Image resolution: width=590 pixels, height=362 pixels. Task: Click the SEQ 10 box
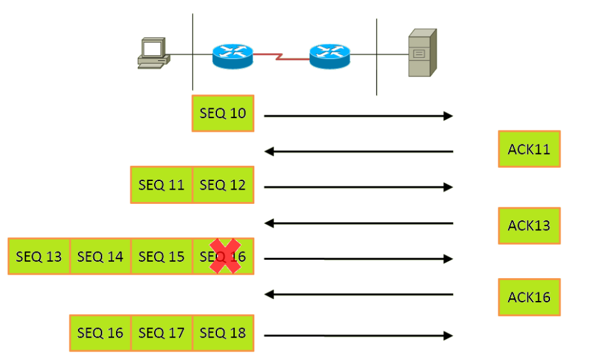(x=223, y=113)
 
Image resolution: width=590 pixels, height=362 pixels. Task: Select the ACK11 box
(x=529, y=149)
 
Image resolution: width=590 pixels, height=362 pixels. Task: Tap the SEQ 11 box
(x=161, y=185)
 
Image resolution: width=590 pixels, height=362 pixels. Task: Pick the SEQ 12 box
(x=223, y=185)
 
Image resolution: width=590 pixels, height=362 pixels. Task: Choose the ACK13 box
(x=529, y=226)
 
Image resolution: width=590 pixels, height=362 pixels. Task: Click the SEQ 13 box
(x=39, y=256)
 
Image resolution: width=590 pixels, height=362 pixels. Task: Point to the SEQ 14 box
(x=100, y=256)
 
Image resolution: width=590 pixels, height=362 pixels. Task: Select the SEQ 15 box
(x=161, y=256)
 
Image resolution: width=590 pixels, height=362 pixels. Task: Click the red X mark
(x=225, y=256)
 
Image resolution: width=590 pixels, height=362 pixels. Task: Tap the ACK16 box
(x=529, y=297)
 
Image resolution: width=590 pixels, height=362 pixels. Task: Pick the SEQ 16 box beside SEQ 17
(x=100, y=333)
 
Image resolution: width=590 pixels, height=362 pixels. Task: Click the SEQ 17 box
(x=161, y=333)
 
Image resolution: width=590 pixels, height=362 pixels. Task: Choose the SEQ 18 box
(x=223, y=333)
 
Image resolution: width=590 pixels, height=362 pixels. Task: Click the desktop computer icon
(x=153, y=53)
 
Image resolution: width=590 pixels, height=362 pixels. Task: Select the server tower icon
(x=422, y=53)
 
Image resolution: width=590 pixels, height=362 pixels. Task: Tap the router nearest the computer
(x=232, y=55)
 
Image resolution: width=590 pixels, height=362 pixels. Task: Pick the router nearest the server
(x=330, y=55)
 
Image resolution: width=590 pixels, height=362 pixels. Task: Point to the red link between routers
(x=281, y=56)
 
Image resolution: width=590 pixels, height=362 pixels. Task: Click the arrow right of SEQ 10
(x=358, y=116)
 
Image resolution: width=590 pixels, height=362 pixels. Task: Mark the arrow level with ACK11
(x=358, y=152)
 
